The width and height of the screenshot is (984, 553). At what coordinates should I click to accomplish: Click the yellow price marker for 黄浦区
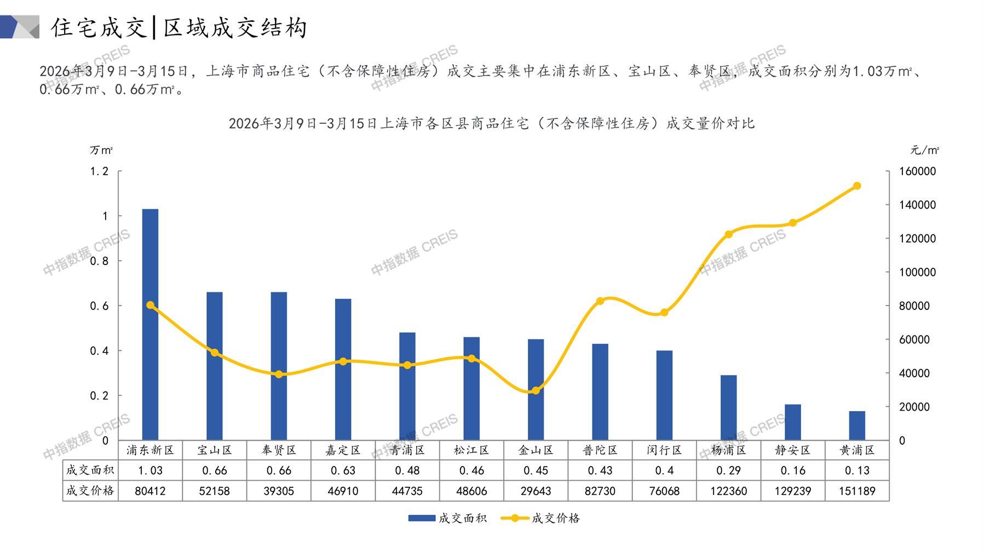coord(857,186)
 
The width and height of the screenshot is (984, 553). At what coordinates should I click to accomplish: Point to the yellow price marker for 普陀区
coord(600,301)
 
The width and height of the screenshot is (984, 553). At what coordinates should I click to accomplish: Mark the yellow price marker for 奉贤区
coord(279,375)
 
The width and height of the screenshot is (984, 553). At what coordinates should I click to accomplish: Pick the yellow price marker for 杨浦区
coord(728,234)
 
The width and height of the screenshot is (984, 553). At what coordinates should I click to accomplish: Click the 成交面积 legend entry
coord(447,518)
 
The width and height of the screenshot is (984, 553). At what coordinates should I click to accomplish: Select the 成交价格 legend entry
coord(540,518)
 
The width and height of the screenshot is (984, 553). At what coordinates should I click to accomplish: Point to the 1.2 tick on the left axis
coord(99,171)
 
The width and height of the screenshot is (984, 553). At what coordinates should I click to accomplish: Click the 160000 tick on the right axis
coord(918,171)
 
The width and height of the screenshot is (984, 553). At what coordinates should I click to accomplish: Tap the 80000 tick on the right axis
coord(914,306)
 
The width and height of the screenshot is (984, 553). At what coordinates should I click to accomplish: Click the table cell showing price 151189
coord(857,491)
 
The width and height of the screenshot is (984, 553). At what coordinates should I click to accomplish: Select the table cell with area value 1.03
coord(150,470)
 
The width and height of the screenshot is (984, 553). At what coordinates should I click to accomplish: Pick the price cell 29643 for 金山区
coord(536,491)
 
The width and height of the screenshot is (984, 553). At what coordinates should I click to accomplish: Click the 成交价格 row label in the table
coord(90,491)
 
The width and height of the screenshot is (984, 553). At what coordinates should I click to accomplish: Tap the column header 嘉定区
coord(343,450)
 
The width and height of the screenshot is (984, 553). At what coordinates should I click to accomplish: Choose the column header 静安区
coord(792,450)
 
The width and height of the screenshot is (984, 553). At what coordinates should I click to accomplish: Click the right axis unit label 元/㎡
coord(925,150)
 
